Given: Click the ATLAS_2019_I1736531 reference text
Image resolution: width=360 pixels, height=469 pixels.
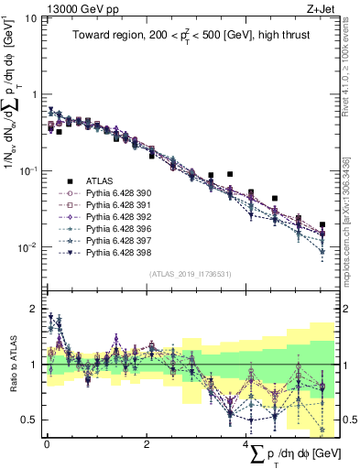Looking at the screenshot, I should coord(189,273).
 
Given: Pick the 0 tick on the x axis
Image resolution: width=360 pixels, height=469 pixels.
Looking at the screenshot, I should coord(47,444).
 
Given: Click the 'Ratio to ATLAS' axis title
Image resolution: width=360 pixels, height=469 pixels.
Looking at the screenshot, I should coord(10,365).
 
